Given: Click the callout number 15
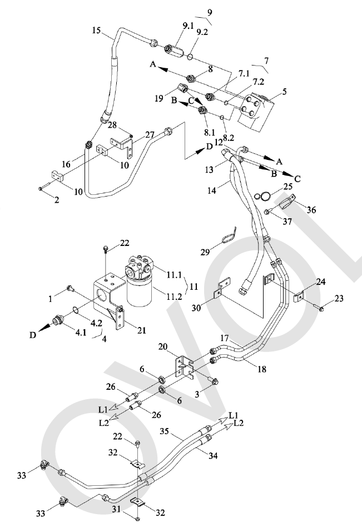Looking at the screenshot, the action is point(96,31).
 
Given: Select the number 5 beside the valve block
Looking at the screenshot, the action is point(284,92).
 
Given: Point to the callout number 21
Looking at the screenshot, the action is point(142,330).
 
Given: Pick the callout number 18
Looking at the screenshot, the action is point(262,369).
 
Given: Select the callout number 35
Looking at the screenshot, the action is point(164,431).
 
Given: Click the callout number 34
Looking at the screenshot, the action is point(213,456).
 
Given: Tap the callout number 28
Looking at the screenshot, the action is point(112,125).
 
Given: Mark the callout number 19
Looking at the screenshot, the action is point(159,98).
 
